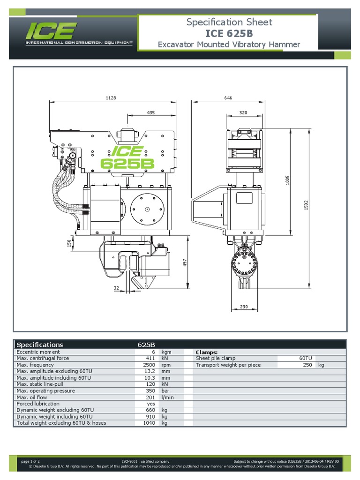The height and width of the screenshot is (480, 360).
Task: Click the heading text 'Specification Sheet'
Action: click(x=229, y=22)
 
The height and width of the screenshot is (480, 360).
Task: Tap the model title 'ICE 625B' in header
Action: click(x=229, y=33)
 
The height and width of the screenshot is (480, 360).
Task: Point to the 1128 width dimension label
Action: click(x=111, y=98)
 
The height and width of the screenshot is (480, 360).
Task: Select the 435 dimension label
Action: click(x=151, y=112)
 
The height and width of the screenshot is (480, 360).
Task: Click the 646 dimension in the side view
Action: click(x=228, y=98)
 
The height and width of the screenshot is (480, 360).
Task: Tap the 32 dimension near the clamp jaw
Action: click(x=117, y=288)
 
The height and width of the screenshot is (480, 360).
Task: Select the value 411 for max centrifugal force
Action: click(x=150, y=358)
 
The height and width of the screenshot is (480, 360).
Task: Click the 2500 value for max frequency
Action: click(x=149, y=365)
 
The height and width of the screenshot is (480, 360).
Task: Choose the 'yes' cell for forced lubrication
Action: click(x=150, y=404)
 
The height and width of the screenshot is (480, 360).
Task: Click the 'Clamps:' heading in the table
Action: click(x=207, y=352)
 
